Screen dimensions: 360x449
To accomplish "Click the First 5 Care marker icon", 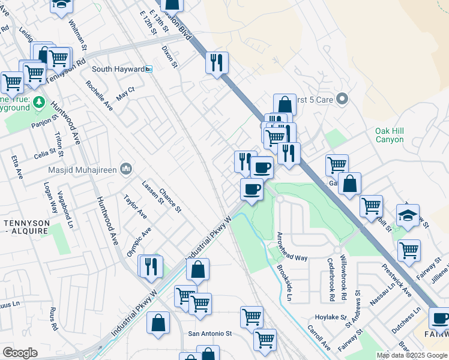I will pyautogui.click(x=342, y=98).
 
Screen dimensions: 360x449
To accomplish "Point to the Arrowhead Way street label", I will pyautogui.click(x=292, y=257).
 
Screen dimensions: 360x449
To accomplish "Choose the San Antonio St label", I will pyautogui.click(x=210, y=333).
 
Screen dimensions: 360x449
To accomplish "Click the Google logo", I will pyautogui.click(x=20, y=353).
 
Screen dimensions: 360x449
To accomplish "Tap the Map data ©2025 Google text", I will pyautogui.click(x=411, y=355).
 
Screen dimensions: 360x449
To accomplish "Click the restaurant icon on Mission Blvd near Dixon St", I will pyautogui.click(x=217, y=62).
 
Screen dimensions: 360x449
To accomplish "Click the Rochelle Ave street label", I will pyautogui.click(x=100, y=97).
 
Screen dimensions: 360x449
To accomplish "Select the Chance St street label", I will pyautogui.click(x=170, y=200).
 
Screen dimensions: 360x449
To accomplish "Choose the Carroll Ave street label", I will pyautogui.click(x=318, y=338).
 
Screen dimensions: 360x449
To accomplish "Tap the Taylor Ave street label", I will pyautogui.click(x=135, y=206).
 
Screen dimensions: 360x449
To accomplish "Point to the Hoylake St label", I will pyautogui.click(x=331, y=317).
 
